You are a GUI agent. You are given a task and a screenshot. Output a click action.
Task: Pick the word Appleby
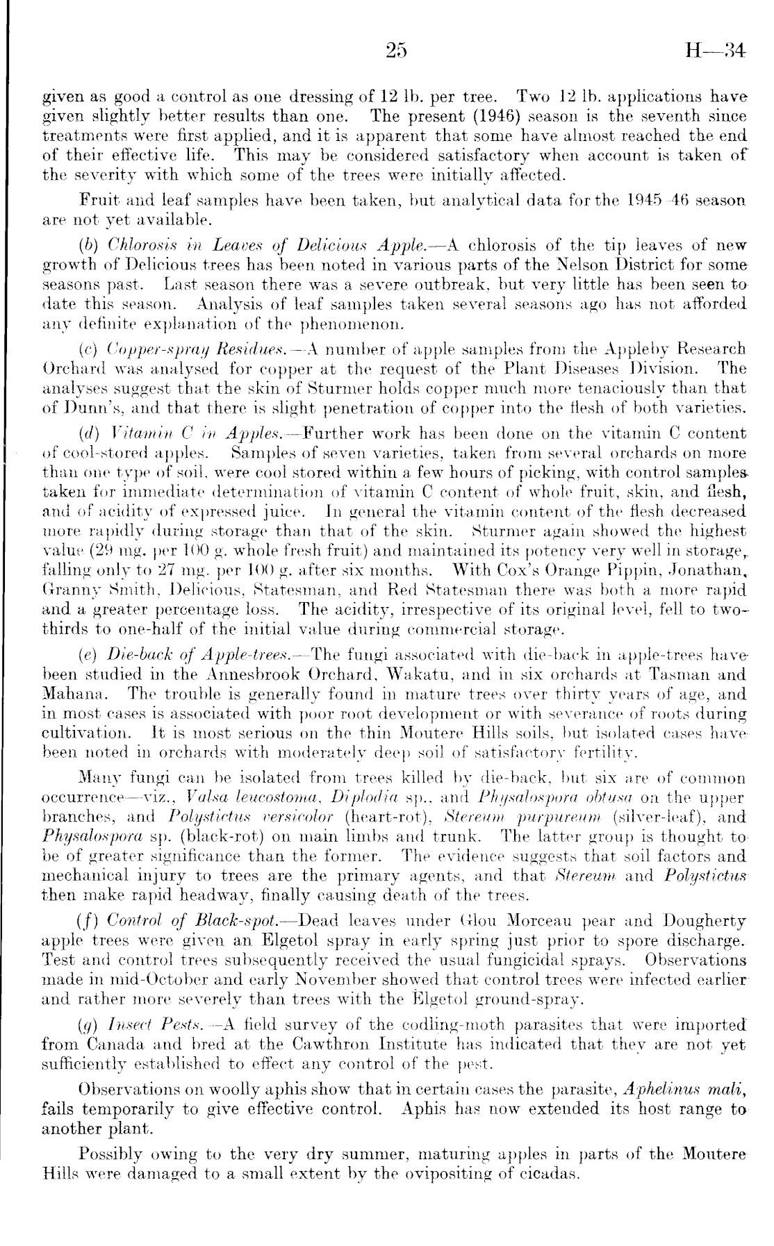(651, 349)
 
